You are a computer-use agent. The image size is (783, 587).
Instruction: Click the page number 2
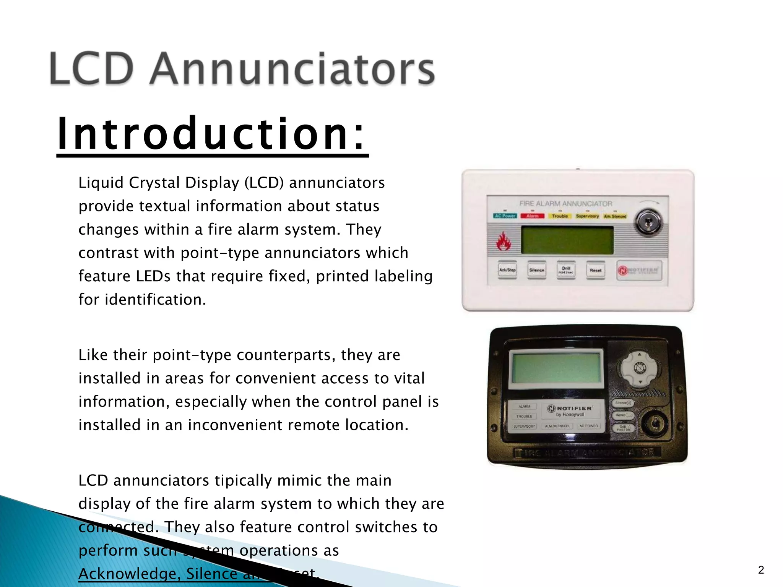761,570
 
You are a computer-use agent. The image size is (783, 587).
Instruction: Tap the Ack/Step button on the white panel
507,270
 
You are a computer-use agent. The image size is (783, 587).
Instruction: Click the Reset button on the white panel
595,270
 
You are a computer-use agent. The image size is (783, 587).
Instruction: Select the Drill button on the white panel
566,270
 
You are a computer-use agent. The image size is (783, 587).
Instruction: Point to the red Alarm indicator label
532,216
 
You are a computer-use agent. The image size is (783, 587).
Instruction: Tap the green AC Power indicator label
505,216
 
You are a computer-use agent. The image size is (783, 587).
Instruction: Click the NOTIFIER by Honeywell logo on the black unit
570,411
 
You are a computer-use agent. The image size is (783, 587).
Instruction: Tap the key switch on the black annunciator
654,423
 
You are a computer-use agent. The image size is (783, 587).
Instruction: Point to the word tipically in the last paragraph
244,480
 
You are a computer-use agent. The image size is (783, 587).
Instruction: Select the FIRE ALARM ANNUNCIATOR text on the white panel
565,204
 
